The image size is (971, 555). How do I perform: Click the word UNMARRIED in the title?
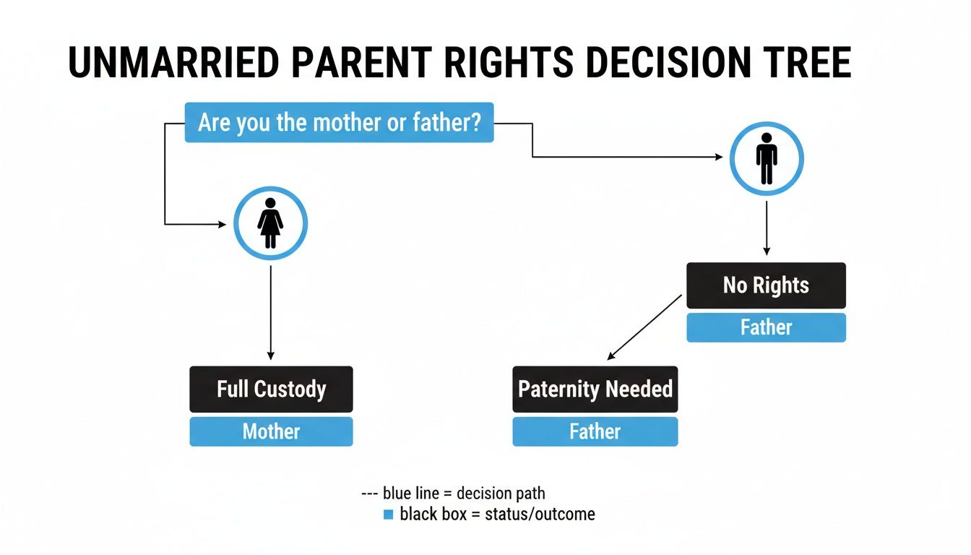click(173, 63)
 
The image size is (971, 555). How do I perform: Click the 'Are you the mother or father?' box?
click(339, 123)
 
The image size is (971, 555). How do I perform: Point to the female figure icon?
click(271, 223)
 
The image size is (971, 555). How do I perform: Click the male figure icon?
click(767, 158)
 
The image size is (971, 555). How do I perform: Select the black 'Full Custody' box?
click(271, 390)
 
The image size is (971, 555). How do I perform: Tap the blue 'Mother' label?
click(271, 431)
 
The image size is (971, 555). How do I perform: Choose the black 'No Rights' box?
click(766, 285)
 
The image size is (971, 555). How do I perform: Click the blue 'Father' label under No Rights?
click(766, 327)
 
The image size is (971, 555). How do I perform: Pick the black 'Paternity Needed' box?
click(595, 390)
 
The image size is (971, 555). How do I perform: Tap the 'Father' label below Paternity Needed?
click(595, 431)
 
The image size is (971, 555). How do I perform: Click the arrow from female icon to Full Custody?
click(271, 311)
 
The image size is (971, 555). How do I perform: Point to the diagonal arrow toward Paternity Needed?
click(644, 327)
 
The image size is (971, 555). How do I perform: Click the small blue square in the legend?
click(388, 515)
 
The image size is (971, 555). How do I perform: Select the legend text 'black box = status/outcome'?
click(497, 515)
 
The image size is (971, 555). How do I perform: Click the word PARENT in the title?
click(361, 63)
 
